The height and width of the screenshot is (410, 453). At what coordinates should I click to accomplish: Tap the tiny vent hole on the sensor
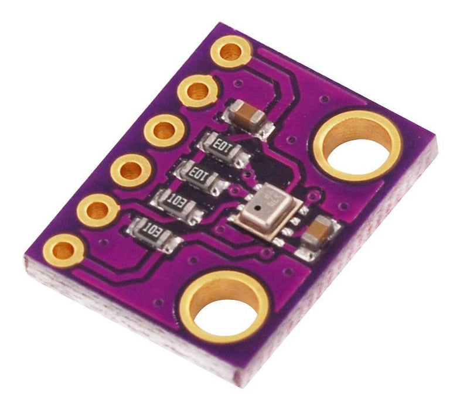[250, 209]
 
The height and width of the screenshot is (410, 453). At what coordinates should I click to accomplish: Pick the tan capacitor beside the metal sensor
[319, 231]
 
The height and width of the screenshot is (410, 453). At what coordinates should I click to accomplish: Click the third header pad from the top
[165, 130]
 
